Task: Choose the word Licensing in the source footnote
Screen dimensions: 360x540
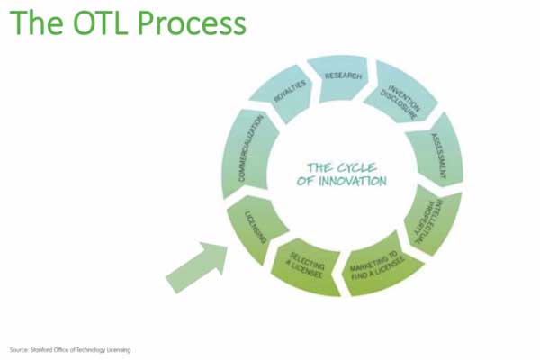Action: tap(117, 349)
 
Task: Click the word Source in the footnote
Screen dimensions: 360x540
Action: tap(15, 349)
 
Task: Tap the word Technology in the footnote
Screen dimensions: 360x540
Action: tap(90, 349)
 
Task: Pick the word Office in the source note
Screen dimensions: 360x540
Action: tap(58, 349)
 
